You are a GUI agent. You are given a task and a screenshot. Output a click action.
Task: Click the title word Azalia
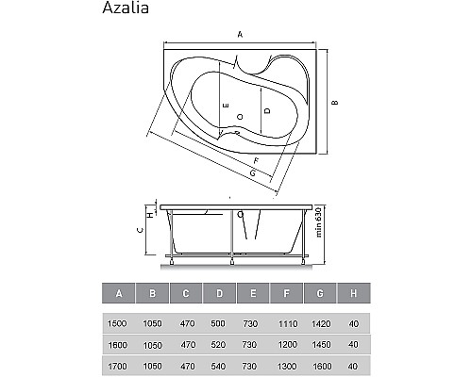pos(126,11)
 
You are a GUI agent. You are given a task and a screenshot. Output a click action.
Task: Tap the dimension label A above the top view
pos(241,35)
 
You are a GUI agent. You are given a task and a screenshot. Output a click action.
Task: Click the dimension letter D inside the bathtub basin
pos(268,110)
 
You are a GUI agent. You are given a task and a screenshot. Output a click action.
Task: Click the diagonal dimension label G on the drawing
pos(253,174)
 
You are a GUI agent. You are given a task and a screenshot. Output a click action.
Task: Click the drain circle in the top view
pos(241,116)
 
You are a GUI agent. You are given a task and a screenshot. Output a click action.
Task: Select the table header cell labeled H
pos(352,293)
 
